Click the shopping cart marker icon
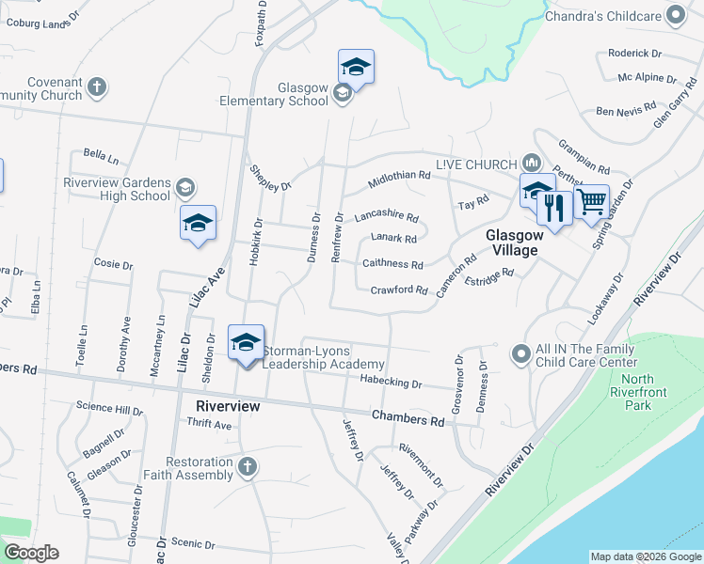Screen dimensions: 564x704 point(591,201)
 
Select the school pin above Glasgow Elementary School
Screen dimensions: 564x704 point(356,67)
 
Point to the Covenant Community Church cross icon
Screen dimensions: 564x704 point(96,88)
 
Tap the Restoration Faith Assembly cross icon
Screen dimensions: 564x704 point(247,467)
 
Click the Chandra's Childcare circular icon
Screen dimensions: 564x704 point(675,14)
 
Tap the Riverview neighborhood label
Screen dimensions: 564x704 point(227,406)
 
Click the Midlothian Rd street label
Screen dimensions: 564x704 point(399,176)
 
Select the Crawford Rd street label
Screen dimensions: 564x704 point(399,290)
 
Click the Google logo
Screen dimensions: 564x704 point(31,553)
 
